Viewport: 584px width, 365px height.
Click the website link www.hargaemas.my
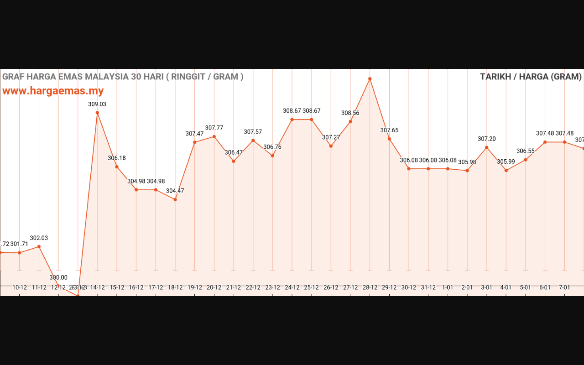click(53, 91)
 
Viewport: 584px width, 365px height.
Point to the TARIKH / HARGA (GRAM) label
click(531, 77)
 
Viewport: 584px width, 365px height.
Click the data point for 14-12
click(97, 113)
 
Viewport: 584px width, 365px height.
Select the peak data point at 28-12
click(370, 79)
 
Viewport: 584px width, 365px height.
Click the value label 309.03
click(97, 104)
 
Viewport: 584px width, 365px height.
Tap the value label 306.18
click(117, 158)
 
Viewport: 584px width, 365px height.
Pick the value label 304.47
click(175, 191)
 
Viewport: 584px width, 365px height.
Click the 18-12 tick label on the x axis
click(175, 287)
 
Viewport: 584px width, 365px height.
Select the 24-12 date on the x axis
click(292, 287)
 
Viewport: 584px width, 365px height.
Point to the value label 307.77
click(214, 128)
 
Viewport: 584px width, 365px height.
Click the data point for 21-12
click(234, 161)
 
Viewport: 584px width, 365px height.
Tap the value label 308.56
click(350, 113)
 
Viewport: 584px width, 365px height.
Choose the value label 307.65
click(389, 130)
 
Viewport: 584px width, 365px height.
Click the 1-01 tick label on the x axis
click(448, 287)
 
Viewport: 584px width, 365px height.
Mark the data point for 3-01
click(487, 147)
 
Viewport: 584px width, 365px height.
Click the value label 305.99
click(506, 162)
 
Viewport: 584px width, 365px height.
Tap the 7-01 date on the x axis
click(564, 287)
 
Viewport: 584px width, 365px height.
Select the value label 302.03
click(39, 238)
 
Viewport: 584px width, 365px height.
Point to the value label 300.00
click(58, 277)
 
